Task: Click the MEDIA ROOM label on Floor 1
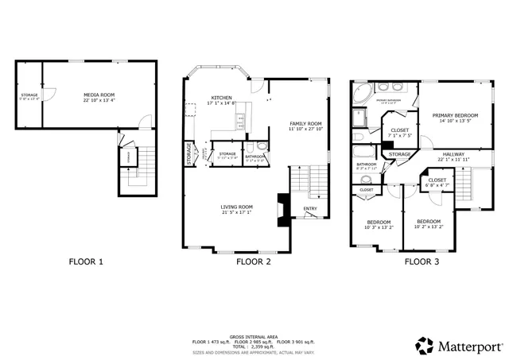tap(99, 95)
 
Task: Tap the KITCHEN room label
tap(222, 98)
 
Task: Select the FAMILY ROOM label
tap(305, 124)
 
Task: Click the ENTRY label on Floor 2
tap(309, 210)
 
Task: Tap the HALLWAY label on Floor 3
tap(453, 154)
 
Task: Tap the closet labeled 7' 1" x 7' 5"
tap(400, 131)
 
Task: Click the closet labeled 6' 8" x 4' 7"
tap(437, 181)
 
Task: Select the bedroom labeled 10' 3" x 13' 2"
tap(379, 224)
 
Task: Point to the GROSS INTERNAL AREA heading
tap(254, 336)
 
